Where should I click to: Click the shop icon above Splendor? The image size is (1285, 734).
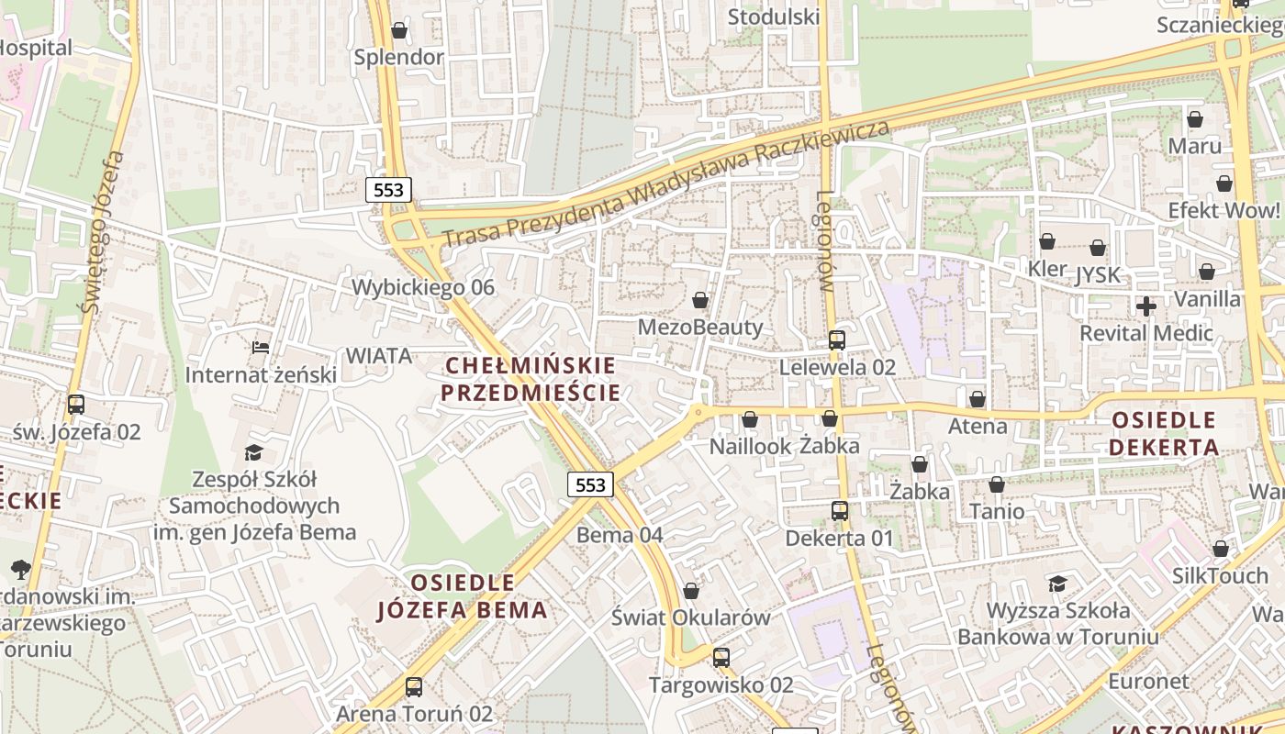pos(398,30)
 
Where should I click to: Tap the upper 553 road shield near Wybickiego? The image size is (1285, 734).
pos(389,190)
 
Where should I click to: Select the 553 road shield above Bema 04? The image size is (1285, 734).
pos(589,484)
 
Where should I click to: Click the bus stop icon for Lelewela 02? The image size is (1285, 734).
pos(836,340)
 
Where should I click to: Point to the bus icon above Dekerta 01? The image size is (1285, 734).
pos(839,511)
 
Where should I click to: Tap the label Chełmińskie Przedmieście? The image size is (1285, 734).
pos(530,379)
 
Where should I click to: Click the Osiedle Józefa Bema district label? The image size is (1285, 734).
pos(463,596)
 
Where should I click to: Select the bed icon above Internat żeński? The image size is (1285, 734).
pos(261,348)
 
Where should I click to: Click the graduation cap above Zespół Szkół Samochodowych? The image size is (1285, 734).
pos(253,452)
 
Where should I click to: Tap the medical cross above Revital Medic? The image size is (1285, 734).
pos(1145,306)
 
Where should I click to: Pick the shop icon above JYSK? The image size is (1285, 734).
pos(1098,248)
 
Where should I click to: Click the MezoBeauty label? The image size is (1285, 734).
pos(700,327)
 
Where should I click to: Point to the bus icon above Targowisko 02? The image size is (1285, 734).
pos(721,657)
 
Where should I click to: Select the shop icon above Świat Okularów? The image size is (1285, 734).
pos(690,591)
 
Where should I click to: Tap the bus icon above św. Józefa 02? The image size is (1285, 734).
pos(76,404)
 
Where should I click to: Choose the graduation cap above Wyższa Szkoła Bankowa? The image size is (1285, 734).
pos(1057,584)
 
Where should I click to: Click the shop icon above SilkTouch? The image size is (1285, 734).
pos(1220,549)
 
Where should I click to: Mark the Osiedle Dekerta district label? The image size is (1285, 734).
pos(1164,434)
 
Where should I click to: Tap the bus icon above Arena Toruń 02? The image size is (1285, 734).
pos(414,686)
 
